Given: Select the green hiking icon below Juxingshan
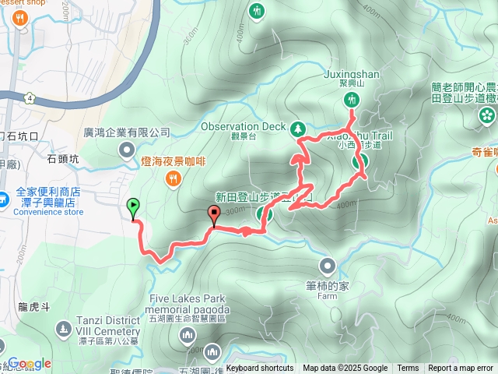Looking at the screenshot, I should click(351, 100).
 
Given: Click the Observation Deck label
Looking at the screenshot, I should click(243, 125).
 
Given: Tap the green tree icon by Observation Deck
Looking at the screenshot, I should click(296, 129).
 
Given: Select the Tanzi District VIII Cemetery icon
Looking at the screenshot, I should click(61, 330).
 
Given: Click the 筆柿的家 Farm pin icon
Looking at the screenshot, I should click(327, 266).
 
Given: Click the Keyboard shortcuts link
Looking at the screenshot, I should click(260, 369).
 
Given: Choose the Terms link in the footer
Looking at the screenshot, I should click(408, 369).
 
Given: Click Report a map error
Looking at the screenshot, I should click(461, 369).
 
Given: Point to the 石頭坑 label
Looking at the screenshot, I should click(63, 158).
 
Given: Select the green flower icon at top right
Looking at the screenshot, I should click(488, 115).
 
